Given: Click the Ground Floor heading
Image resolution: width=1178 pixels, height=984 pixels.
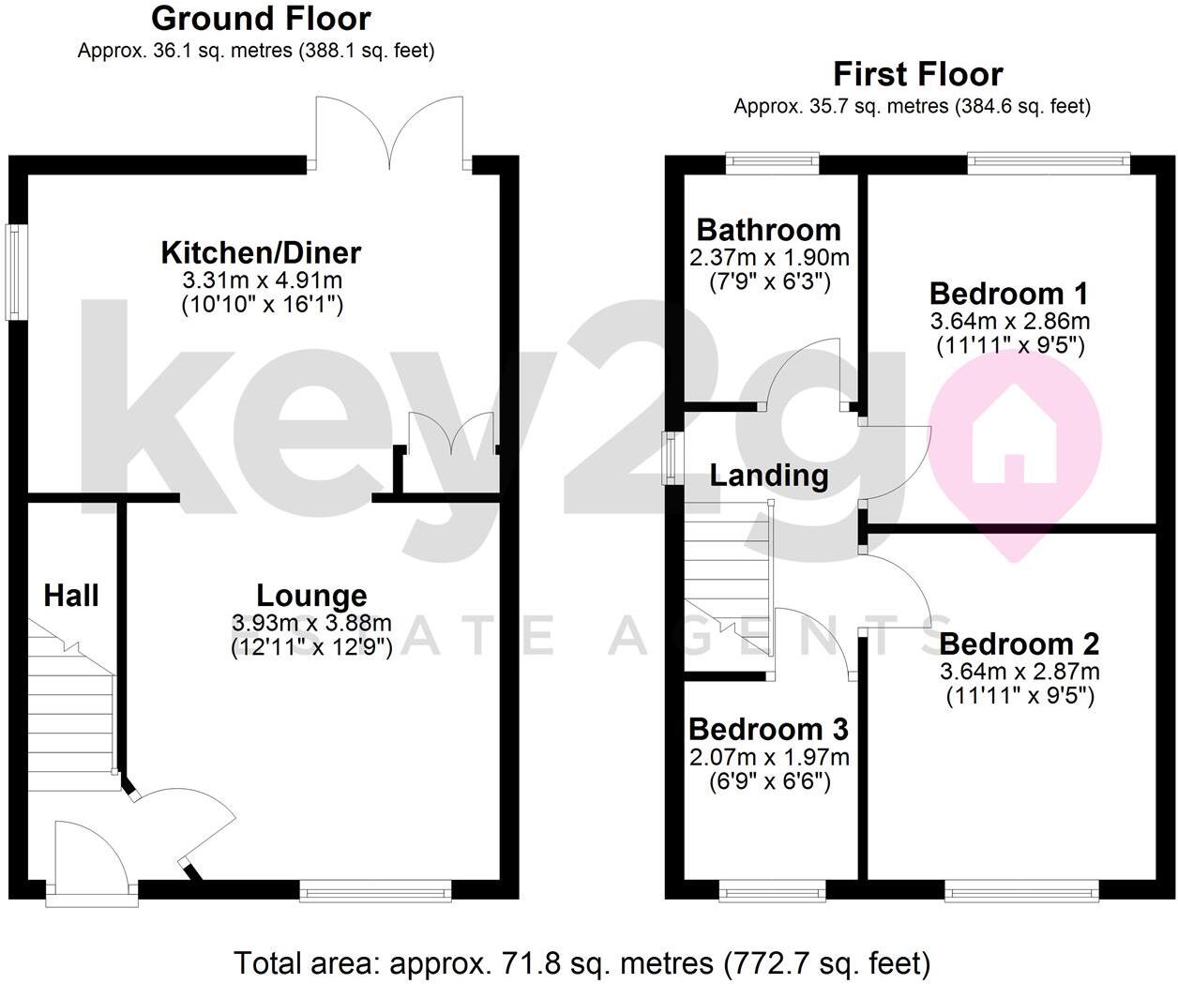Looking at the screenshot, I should [x=261, y=18].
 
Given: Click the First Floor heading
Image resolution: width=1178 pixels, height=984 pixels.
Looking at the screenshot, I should [x=917, y=73].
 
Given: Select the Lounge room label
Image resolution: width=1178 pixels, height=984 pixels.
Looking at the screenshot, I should [x=311, y=595].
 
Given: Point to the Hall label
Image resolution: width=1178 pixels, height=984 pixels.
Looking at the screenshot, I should [x=71, y=595].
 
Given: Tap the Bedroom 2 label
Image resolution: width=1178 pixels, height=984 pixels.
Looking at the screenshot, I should [x=1019, y=644].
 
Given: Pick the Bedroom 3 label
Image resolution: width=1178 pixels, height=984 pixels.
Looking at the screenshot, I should [x=768, y=729].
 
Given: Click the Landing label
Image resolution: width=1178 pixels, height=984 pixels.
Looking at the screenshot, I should [x=769, y=476].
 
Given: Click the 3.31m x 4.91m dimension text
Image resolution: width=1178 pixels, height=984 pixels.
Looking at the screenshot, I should [x=261, y=280].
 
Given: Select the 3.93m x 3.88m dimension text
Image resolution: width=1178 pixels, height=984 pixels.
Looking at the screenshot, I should [x=311, y=622].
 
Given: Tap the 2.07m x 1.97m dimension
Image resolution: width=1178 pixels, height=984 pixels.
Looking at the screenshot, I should [x=768, y=756].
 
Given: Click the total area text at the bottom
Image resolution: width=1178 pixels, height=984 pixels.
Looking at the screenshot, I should [x=581, y=962].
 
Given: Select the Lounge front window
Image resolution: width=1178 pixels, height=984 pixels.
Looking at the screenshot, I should [x=375, y=890].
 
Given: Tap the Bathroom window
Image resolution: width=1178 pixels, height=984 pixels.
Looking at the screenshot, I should [x=772, y=163].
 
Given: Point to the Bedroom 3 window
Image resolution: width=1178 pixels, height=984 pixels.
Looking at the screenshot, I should [x=772, y=890].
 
